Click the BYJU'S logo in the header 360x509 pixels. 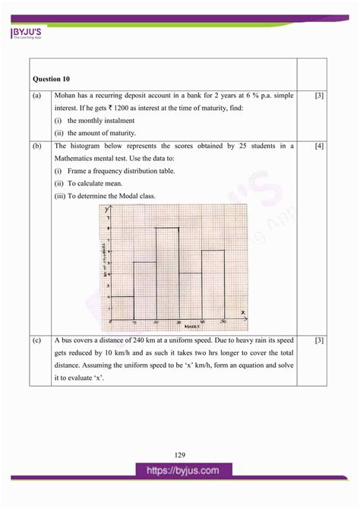pyautogui.click(x=27, y=33)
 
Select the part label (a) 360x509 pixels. pyautogui.click(x=37, y=96)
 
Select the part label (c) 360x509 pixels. pyautogui.click(x=37, y=340)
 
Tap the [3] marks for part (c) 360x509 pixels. pyautogui.click(x=319, y=340)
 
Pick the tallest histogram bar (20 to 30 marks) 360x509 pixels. pyautogui.click(x=168, y=273)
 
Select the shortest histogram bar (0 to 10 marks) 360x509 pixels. pyautogui.click(x=122, y=308)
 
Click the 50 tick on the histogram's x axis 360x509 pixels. pyautogui.click(x=224, y=322)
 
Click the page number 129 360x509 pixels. pyautogui.click(x=179, y=455)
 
